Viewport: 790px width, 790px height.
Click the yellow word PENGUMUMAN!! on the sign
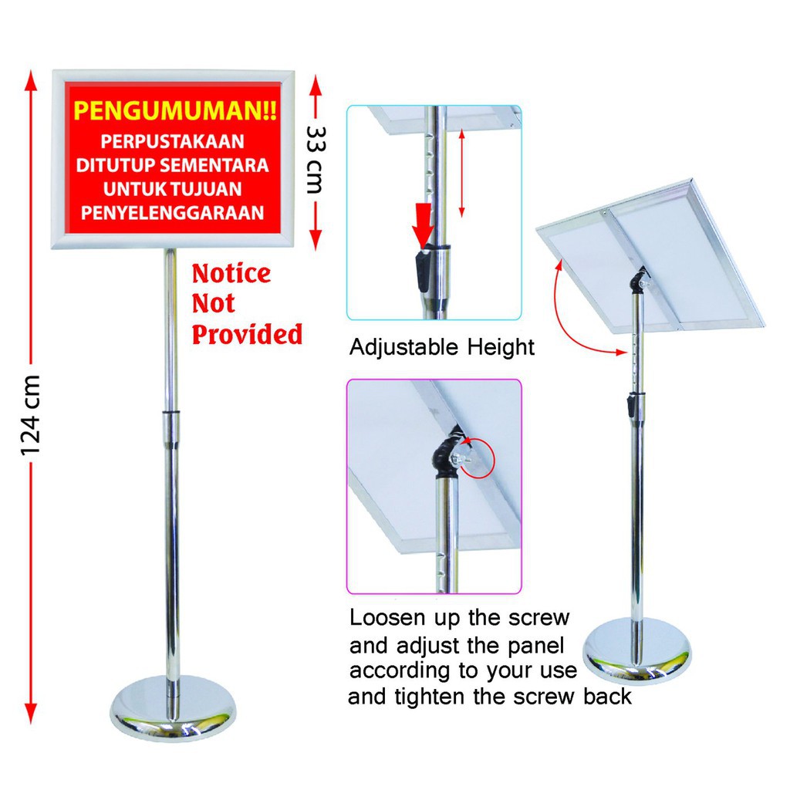tap(175, 111)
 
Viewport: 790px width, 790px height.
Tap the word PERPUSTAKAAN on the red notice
tap(172, 142)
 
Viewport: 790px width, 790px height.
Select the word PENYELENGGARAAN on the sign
tap(172, 213)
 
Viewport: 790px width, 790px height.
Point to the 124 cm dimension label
tap(30, 415)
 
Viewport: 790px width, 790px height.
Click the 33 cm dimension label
tap(316, 160)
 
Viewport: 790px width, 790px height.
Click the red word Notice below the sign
tap(231, 274)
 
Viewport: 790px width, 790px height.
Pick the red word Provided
tap(247, 335)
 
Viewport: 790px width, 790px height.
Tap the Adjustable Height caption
tap(442, 347)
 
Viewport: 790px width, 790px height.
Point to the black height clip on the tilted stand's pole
tap(630, 407)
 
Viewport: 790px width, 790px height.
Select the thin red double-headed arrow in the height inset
tap(462, 172)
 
